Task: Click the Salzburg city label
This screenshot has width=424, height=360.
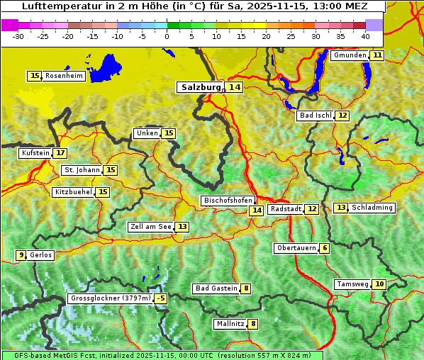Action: coord(201,87)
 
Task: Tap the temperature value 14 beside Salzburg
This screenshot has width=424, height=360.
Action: coord(235,87)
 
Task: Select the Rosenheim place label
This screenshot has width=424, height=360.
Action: coord(65,76)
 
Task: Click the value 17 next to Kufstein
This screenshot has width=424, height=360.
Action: coord(60,152)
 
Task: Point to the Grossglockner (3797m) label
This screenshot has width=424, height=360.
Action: coord(111,298)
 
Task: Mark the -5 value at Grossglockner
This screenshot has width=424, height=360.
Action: coord(161,298)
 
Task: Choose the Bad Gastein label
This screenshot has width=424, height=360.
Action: coord(216,288)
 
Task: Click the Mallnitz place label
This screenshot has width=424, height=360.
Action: coord(230,324)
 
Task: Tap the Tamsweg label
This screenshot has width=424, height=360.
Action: coord(352,284)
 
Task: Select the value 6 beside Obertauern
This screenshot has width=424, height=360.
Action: coord(324,248)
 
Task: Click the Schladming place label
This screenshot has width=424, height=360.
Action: coord(372,208)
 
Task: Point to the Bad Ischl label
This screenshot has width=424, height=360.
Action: coord(315,116)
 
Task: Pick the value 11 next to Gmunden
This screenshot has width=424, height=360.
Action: coord(377,55)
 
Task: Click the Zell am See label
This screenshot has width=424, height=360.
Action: coord(150,227)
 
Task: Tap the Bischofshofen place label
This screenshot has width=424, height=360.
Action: coord(228,201)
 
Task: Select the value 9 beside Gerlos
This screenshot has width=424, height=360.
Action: coord(21,255)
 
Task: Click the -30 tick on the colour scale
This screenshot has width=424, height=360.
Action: coord(18,35)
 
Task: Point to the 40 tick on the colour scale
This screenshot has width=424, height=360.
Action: coord(365,35)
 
